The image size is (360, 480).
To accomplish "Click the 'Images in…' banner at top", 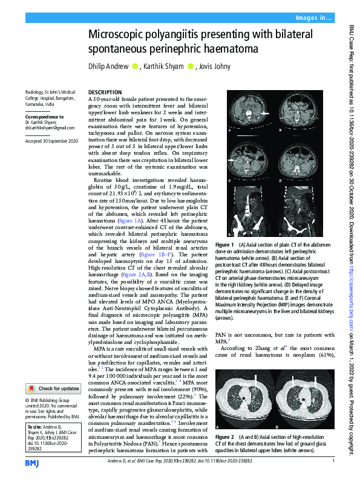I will coord(313,18).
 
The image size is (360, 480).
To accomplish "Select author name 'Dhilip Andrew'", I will coord(109,66).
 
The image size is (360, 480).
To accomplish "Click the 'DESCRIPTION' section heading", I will coord(105,92).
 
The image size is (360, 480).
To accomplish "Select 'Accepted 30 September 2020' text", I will coord(51,140).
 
